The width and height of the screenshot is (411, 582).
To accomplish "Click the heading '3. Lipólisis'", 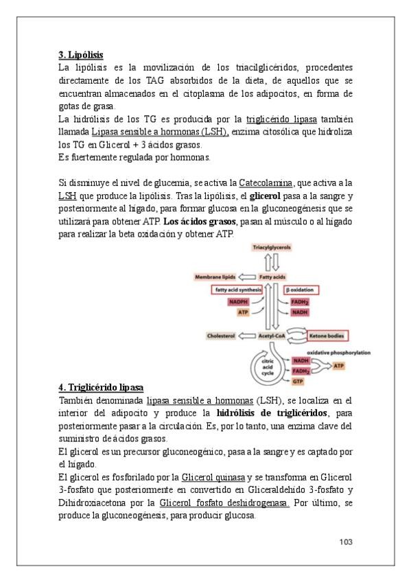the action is click(x=80, y=55).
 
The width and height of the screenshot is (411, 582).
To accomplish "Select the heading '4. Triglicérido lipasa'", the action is click(x=101, y=388).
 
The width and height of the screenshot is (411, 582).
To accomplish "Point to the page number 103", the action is click(x=346, y=542).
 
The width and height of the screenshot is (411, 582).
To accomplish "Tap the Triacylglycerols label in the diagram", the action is click(x=272, y=247).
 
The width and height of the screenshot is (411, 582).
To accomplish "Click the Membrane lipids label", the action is click(x=215, y=277).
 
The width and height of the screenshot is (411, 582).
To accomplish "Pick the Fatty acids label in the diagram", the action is click(x=272, y=277).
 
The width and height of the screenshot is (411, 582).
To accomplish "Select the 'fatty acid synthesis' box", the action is click(x=237, y=290).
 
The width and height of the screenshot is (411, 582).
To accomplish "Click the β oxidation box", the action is click(x=301, y=290).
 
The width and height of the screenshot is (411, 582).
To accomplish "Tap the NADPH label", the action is click(x=238, y=302).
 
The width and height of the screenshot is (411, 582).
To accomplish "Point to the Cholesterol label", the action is click(x=221, y=336).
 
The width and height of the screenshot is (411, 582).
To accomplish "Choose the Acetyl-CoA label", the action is click(x=272, y=336).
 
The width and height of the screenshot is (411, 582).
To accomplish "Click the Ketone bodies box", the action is click(x=327, y=336).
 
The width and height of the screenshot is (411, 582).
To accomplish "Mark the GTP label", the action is click(x=298, y=381).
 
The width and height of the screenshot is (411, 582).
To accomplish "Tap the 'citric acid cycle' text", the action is click(x=268, y=367).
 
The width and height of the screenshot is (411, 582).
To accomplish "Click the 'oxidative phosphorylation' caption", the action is click(x=339, y=353).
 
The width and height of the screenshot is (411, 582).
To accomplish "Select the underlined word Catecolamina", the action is click(x=266, y=183).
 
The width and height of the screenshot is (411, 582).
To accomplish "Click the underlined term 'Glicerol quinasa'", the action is click(x=213, y=477).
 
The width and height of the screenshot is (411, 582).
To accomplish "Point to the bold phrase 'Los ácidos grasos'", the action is click(x=200, y=222).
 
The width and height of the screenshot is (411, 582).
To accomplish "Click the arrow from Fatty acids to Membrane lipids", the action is click(x=247, y=277).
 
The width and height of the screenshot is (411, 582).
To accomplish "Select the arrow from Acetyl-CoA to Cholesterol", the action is click(x=247, y=336).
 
